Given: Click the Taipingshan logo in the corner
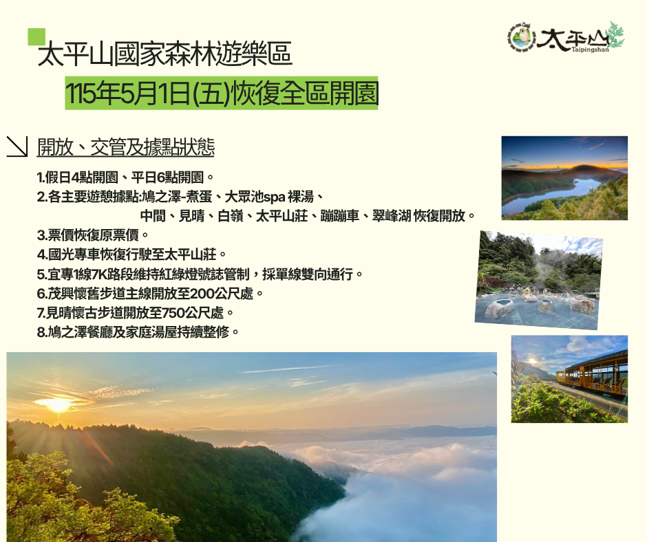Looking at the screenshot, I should [x=566, y=38].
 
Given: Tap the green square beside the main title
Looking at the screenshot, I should [x=36, y=36].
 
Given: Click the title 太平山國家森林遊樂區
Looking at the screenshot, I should [x=165, y=54].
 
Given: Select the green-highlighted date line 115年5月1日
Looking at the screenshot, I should [x=222, y=93].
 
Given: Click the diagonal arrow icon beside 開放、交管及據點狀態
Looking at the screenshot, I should [x=17, y=147].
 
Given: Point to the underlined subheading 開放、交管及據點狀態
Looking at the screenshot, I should [x=126, y=147].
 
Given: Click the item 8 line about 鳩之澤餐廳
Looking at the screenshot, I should [x=138, y=332].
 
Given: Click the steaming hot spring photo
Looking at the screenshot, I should [x=538, y=280].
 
